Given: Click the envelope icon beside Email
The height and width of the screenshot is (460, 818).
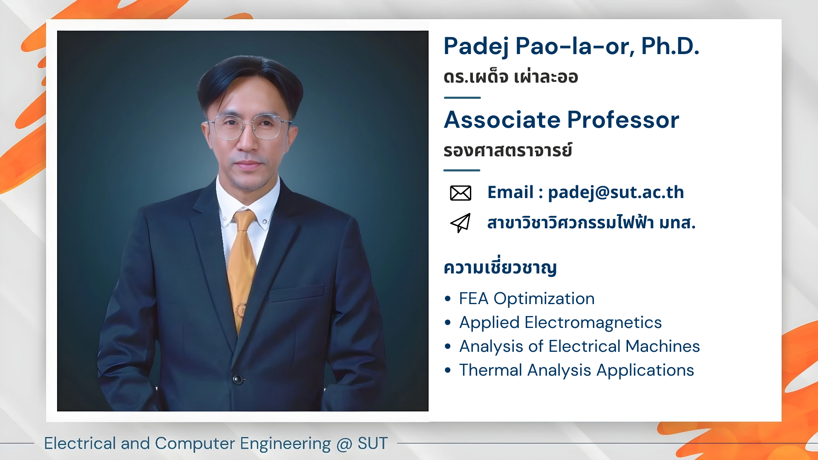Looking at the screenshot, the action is [461, 193].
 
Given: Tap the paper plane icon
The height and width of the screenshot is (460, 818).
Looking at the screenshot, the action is [461, 223].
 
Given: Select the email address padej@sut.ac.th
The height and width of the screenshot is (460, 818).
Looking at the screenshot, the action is [616, 193].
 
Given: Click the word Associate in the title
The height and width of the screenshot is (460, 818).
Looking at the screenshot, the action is [502, 120].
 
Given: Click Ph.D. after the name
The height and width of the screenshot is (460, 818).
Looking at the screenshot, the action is [670, 46].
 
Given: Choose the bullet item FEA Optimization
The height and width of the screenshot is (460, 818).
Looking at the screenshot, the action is [527, 299].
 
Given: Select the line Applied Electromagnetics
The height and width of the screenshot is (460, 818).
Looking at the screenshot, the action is [560, 323].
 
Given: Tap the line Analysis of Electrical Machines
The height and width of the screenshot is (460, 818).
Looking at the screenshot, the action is [579, 347].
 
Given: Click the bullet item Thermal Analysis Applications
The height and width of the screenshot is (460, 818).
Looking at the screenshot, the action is [576, 371].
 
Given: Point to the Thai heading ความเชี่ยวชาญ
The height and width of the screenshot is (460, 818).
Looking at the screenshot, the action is [500, 267].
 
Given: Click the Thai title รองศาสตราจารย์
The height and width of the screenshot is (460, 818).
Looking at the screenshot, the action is [507, 150].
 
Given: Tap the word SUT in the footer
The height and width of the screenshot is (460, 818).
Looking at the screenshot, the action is [372, 443].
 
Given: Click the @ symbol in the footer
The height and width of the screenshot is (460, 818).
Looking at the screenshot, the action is [344, 444].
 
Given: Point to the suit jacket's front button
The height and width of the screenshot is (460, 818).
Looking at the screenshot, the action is [237, 379].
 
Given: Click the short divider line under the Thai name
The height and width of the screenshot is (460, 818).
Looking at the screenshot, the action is [462, 98].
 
